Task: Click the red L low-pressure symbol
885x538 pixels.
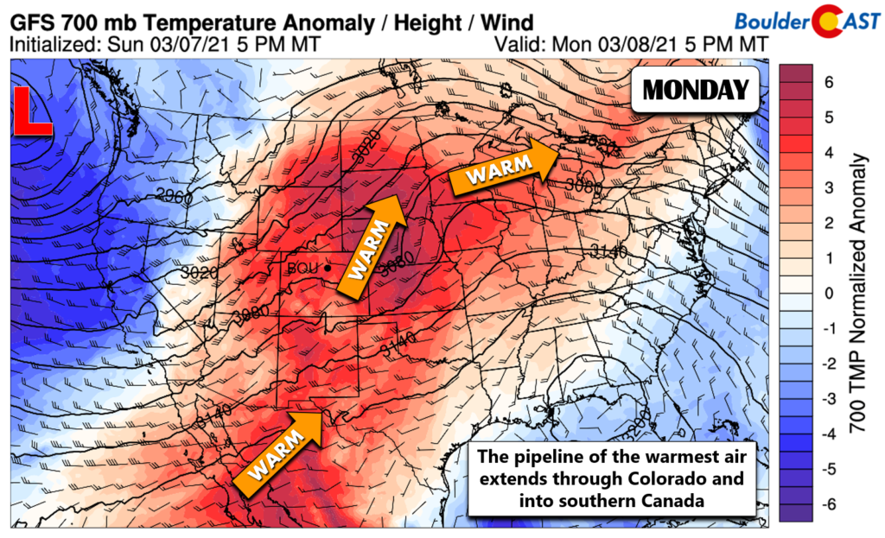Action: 33,112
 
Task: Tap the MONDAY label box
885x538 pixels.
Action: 695,89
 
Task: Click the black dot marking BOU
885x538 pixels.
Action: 328,269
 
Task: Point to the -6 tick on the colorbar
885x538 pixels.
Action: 830,505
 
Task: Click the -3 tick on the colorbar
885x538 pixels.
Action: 830,400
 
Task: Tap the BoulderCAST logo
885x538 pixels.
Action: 805,19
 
